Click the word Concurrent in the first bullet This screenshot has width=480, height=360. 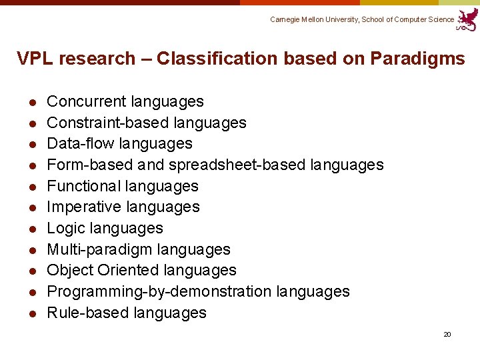pyautogui.click(x=87, y=101)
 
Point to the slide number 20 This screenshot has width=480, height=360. pyautogui.click(x=447, y=334)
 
